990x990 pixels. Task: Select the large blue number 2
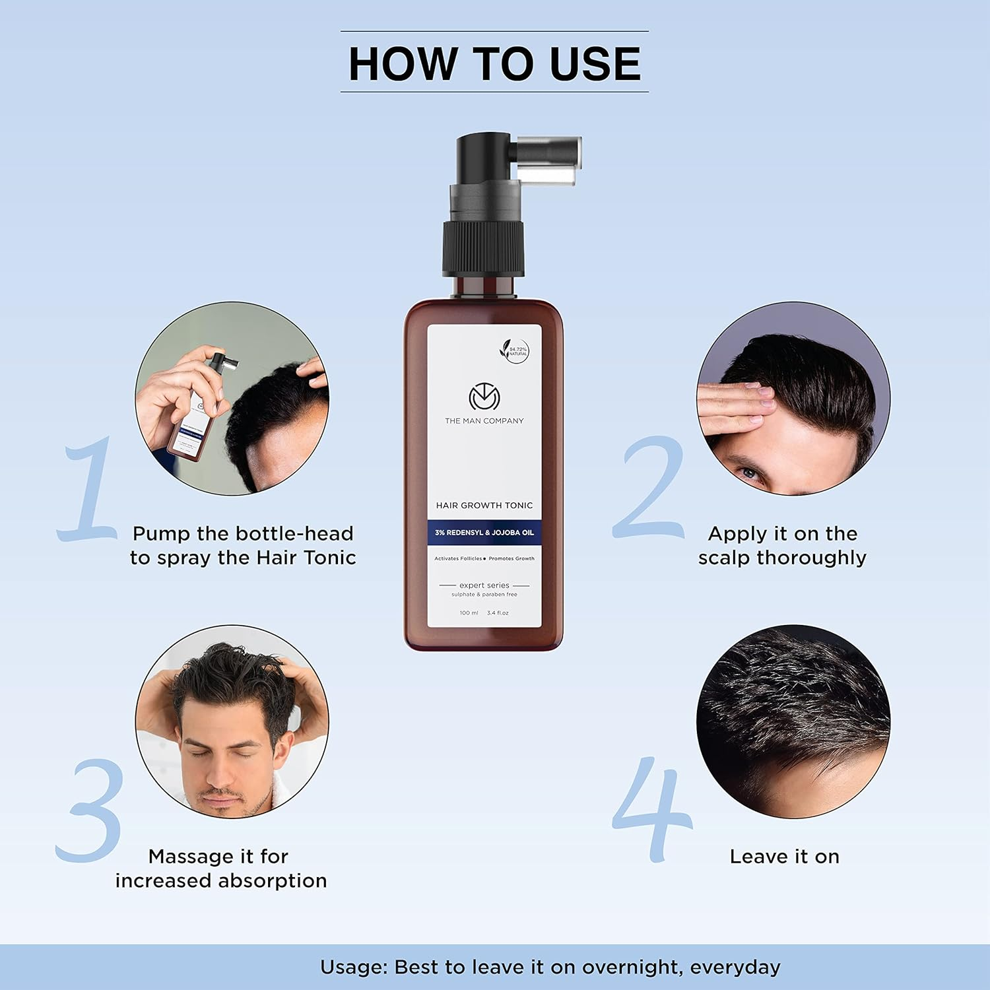tap(650, 488)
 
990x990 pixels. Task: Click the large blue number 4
tap(653, 810)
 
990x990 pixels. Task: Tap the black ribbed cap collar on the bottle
tap(483, 249)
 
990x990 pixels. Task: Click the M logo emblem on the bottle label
tap(484, 397)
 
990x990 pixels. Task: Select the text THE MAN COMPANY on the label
tap(484, 421)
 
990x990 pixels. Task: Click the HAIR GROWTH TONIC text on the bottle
tap(484, 506)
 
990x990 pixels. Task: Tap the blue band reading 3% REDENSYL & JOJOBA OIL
tap(484, 533)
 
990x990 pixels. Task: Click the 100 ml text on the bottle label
tap(469, 613)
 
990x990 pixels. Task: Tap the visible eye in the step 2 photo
tap(748, 473)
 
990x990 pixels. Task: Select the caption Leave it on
tap(784, 857)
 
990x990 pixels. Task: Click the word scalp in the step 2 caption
tap(725, 558)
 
